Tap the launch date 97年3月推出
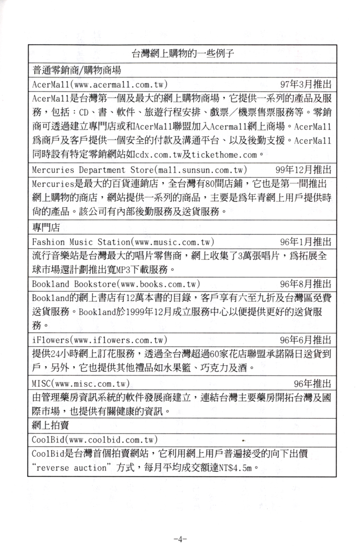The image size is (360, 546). click(306, 85)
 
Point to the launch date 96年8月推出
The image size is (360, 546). click(306, 284)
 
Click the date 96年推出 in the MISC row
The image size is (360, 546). click(312, 384)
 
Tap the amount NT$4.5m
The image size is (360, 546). click(237, 468)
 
